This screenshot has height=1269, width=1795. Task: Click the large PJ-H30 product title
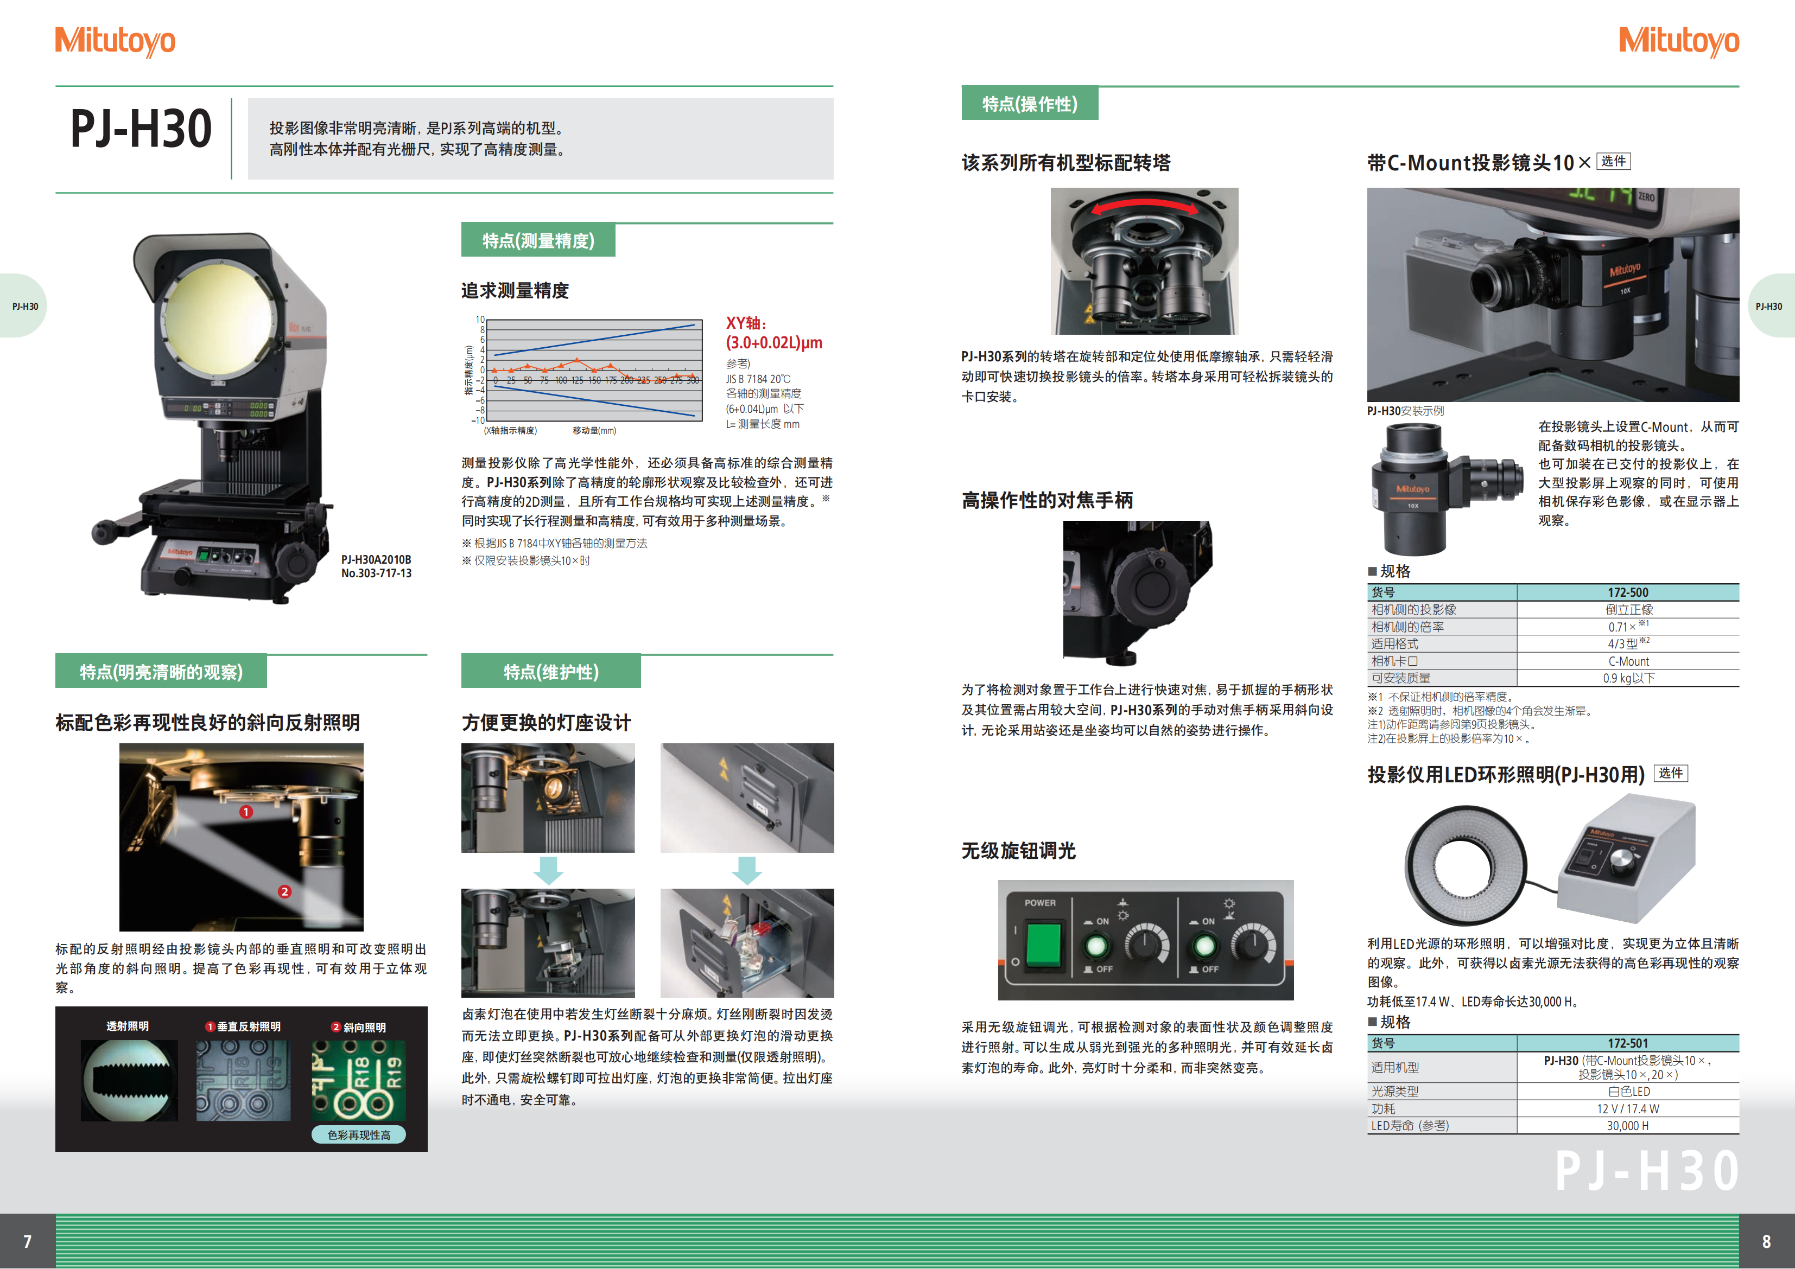141,129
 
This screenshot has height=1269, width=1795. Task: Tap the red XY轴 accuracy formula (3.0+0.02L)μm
774,343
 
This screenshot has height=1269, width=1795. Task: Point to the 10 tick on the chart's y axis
480,320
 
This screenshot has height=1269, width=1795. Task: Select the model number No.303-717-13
376,573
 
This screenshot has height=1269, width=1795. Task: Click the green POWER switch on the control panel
1043,944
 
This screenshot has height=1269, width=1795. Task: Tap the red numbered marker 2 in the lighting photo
284,891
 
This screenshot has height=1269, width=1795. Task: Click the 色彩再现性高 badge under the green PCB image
359,1134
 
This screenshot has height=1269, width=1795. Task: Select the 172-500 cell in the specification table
1628,592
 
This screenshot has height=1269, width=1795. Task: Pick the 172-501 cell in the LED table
1628,1043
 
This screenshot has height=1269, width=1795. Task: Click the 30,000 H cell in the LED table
1628,1126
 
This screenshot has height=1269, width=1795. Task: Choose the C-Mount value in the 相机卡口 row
1628,661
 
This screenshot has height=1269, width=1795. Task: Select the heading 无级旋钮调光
1018,851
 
